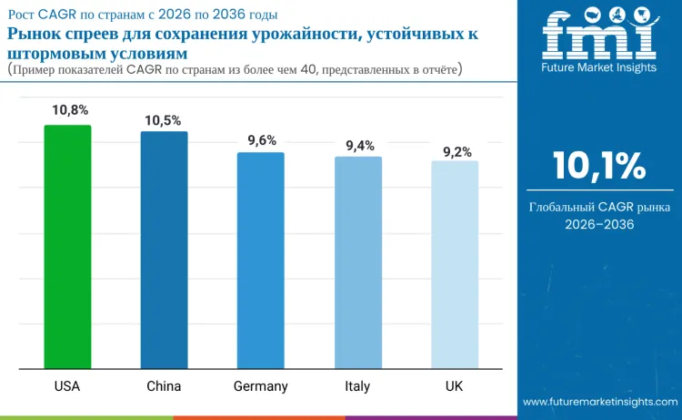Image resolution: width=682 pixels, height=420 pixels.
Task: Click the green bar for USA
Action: [x=67, y=246]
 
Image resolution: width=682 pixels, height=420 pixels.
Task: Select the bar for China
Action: [x=164, y=251]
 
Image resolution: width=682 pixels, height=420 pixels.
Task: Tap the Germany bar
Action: [x=260, y=261]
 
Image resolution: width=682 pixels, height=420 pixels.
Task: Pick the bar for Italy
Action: [x=357, y=262]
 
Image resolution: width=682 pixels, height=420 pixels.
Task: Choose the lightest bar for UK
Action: [x=455, y=264]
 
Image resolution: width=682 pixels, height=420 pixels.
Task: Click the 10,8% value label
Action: [x=70, y=110]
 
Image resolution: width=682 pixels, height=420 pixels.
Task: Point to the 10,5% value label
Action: [x=164, y=120]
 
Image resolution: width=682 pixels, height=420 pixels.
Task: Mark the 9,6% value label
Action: [x=262, y=140]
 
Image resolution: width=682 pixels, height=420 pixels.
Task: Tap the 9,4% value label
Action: [x=359, y=145]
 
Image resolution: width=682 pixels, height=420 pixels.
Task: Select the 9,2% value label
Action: [x=457, y=151]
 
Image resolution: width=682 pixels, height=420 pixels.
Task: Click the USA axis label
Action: [x=67, y=386]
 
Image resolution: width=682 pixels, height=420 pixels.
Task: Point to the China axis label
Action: [x=164, y=386]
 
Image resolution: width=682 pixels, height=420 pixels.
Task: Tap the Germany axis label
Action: [x=260, y=386]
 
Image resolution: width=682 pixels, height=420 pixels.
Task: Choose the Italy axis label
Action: [x=357, y=386]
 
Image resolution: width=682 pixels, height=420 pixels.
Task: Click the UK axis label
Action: [x=455, y=386]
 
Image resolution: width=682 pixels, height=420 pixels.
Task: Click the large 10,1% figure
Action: [x=599, y=167]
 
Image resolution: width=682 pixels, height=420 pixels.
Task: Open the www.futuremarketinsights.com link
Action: [x=599, y=402]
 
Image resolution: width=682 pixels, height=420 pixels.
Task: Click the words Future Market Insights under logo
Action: [x=598, y=68]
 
